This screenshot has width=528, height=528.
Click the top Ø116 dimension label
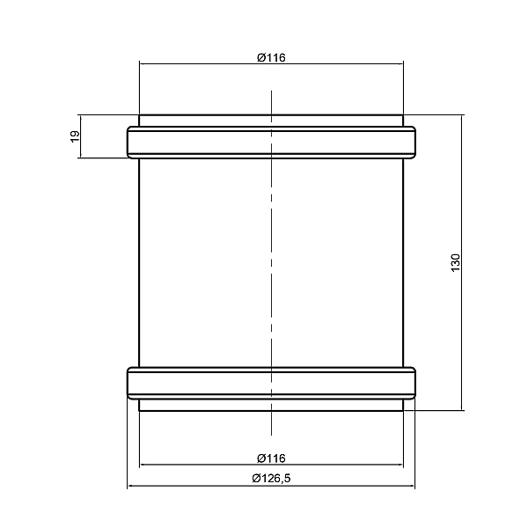click(x=271, y=57)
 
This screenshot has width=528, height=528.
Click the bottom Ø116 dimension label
click(x=271, y=458)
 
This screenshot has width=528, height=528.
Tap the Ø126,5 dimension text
click(x=271, y=478)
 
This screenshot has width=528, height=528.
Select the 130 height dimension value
click(x=455, y=262)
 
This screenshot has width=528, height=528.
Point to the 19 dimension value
click(x=75, y=136)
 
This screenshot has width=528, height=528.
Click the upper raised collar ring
click(x=271, y=142)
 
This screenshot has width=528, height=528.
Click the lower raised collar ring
click(x=271, y=383)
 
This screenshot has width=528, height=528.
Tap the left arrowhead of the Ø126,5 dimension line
click(x=131, y=486)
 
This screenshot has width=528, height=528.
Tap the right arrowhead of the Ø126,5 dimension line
click(x=411, y=486)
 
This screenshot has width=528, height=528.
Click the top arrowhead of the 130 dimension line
click(x=462, y=119)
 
